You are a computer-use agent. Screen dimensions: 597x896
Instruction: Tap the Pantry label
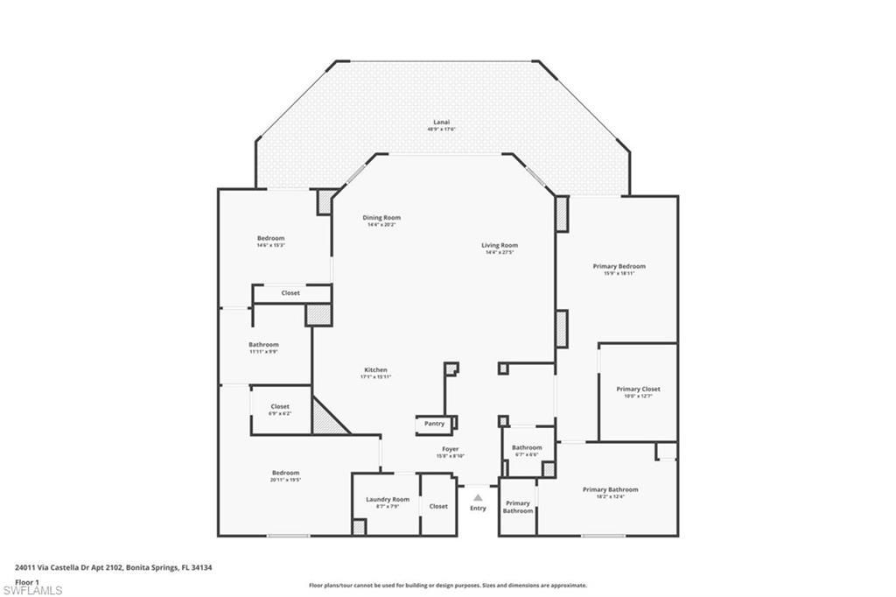click(x=434, y=424)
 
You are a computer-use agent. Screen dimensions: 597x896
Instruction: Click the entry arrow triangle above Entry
click(x=478, y=497)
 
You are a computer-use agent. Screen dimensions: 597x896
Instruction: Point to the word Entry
click(x=478, y=509)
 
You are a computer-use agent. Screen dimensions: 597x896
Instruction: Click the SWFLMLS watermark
click(x=31, y=590)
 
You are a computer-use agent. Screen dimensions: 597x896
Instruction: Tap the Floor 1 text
click(x=28, y=581)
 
